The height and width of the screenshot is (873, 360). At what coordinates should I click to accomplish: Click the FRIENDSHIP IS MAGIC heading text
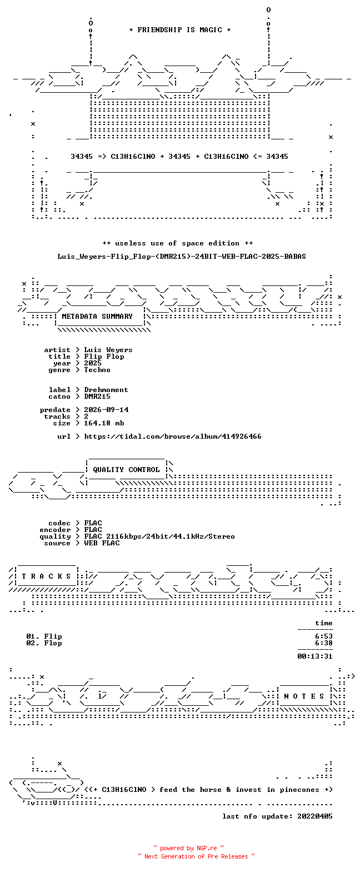point(180,30)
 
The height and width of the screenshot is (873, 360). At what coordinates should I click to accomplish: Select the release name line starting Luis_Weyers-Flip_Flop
point(181,257)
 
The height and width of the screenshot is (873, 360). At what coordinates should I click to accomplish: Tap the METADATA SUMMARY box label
point(97,317)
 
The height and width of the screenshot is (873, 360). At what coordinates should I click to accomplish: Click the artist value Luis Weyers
point(108,350)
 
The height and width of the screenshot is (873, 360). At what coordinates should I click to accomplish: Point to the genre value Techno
point(97,370)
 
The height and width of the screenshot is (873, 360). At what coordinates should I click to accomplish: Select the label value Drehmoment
point(106,390)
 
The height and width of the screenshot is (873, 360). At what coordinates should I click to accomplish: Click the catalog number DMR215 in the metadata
point(97,397)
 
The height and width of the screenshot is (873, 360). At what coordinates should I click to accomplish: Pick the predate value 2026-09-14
point(106,410)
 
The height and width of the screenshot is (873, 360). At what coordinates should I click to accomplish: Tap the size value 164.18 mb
point(104,423)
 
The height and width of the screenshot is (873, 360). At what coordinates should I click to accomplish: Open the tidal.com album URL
point(173,436)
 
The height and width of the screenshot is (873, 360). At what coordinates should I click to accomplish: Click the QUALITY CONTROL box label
point(126,470)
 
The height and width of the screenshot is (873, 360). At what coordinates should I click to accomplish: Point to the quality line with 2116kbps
point(159,536)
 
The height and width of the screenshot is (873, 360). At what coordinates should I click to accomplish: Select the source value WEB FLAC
point(102,543)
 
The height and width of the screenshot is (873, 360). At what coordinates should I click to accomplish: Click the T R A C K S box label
point(47,576)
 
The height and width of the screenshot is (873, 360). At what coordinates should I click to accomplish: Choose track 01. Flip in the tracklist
point(44,636)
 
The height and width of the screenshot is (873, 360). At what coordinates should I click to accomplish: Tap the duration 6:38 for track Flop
point(324,643)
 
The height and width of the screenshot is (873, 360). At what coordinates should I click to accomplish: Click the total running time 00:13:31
point(315,656)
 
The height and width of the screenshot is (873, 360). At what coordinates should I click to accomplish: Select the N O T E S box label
point(304,696)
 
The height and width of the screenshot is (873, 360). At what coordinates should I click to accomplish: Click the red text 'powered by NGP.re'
point(188,848)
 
